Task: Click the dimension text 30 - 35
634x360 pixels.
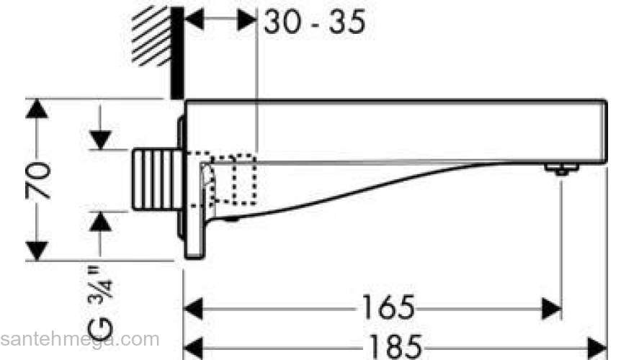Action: coord(315,22)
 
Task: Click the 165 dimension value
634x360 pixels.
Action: coord(388,307)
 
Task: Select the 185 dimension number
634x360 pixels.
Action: coord(396,346)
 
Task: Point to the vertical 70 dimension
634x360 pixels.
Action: coord(37,181)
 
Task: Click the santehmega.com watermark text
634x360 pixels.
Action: coord(80,339)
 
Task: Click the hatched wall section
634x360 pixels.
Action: coord(151,35)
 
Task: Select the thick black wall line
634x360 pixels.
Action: coord(177,53)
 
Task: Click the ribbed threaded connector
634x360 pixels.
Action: coord(157,179)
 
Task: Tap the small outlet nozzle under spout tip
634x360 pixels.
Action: coord(561,168)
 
